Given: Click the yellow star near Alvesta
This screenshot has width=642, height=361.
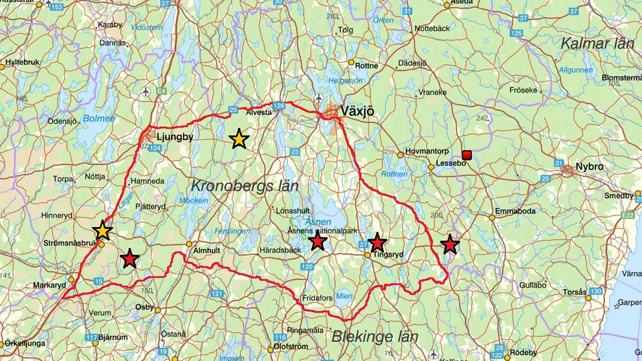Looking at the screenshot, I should tap(239, 138).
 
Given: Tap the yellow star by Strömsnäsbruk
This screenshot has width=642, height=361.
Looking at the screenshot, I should tap(102, 230).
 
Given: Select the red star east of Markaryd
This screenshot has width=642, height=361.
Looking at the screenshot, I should tap(130, 259).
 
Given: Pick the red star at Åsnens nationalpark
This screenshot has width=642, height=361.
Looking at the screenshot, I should tap(317, 241).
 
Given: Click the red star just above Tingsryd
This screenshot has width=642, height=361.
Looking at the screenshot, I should tap(377, 243).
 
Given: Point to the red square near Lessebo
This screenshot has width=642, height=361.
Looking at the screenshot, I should tap(466, 154).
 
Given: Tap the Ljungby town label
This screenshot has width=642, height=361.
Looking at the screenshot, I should tap(175, 137).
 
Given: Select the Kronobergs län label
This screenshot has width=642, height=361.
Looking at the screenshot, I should tap(244, 186).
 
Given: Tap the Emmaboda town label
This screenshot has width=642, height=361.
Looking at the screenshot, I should tap(515, 211).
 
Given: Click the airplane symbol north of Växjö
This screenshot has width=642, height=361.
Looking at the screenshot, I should tap(319, 99).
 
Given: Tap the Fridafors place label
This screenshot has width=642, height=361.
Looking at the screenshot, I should tap(321, 298).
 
